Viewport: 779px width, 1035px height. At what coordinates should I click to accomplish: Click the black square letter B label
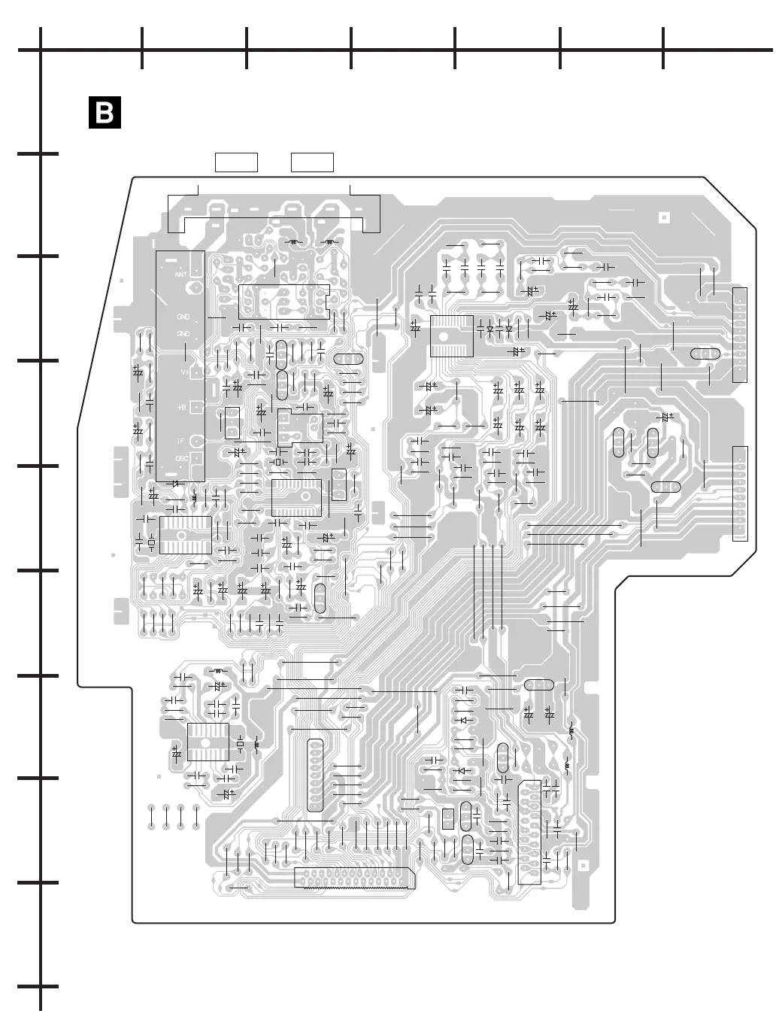click(x=105, y=113)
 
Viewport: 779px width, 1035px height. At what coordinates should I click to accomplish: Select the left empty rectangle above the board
click(x=236, y=162)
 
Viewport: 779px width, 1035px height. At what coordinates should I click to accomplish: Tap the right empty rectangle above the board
click(x=312, y=162)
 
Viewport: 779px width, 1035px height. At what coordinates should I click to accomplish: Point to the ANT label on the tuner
click(x=181, y=275)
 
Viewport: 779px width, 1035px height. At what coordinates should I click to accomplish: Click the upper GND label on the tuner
click(x=183, y=317)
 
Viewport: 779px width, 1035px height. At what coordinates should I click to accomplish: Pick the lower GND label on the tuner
click(x=183, y=333)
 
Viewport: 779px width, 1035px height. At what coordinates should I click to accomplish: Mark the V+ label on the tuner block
click(x=183, y=372)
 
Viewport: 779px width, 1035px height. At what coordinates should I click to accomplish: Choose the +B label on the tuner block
click(x=181, y=407)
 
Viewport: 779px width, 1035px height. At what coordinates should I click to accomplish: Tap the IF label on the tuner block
click(x=181, y=441)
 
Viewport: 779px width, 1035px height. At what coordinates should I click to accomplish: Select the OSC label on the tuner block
click(x=181, y=458)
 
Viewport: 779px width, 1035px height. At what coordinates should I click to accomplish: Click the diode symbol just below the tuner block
click(x=176, y=484)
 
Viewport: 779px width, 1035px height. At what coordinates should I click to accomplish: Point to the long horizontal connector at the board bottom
click(x=354, y=878)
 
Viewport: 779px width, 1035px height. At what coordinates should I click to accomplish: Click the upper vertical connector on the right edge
click(x=739, y=334)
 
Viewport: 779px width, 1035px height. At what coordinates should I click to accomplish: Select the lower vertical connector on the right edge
click(x=741, y=493)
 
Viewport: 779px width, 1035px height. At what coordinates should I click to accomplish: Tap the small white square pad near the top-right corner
click(x=663, y=217)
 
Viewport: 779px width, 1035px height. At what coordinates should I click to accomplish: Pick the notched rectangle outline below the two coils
click(x=284, y=302)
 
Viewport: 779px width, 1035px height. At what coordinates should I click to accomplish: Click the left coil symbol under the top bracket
click(x=294, y=242)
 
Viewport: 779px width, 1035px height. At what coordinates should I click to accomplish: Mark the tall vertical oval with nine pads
click(x=315, y=775)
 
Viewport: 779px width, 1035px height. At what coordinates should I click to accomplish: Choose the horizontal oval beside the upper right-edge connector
click(x=705, y=354)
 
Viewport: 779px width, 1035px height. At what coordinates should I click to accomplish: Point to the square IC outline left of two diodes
click(x=451, y=335)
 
